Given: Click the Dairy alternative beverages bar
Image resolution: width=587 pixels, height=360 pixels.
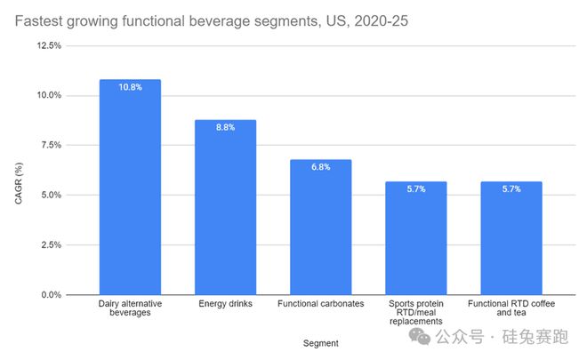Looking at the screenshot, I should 130,187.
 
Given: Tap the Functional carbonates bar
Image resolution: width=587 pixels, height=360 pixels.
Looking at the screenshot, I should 320,227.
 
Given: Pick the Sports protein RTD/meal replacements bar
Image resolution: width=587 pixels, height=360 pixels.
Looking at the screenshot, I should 415,237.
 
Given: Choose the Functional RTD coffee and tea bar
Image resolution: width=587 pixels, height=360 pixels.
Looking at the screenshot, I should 511,237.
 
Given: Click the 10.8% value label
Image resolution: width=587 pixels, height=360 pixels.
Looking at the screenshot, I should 130,87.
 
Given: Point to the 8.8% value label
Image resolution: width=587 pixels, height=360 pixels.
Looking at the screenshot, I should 225,127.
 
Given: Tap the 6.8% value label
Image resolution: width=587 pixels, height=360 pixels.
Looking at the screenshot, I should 320,167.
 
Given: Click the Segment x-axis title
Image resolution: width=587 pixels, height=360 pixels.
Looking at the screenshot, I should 320,341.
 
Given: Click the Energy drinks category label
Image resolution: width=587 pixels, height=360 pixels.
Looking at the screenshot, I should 225,304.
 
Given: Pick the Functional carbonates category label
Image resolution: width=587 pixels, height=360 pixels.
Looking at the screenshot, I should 320,304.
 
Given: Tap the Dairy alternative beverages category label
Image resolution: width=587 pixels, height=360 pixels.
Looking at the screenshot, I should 130,308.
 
